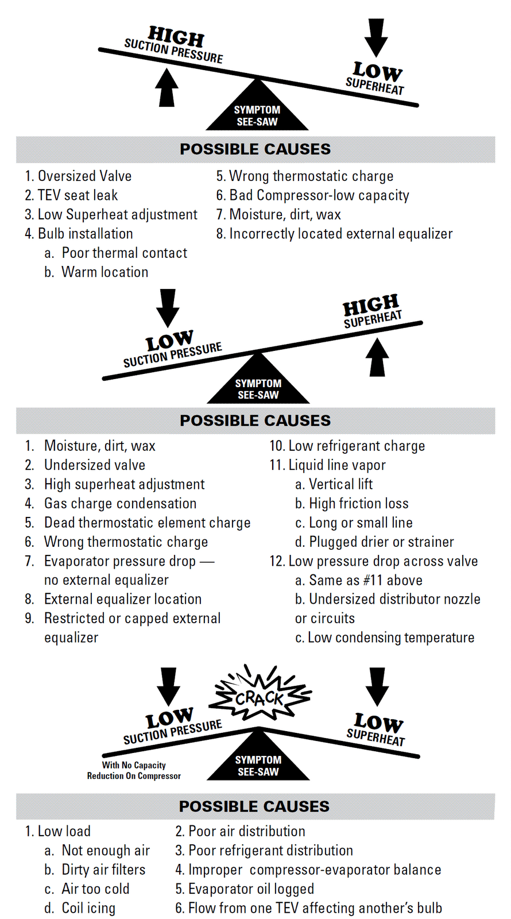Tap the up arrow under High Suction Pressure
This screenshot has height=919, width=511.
167,87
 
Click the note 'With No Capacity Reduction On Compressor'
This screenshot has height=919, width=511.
134,770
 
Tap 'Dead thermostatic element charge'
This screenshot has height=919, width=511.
147,523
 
